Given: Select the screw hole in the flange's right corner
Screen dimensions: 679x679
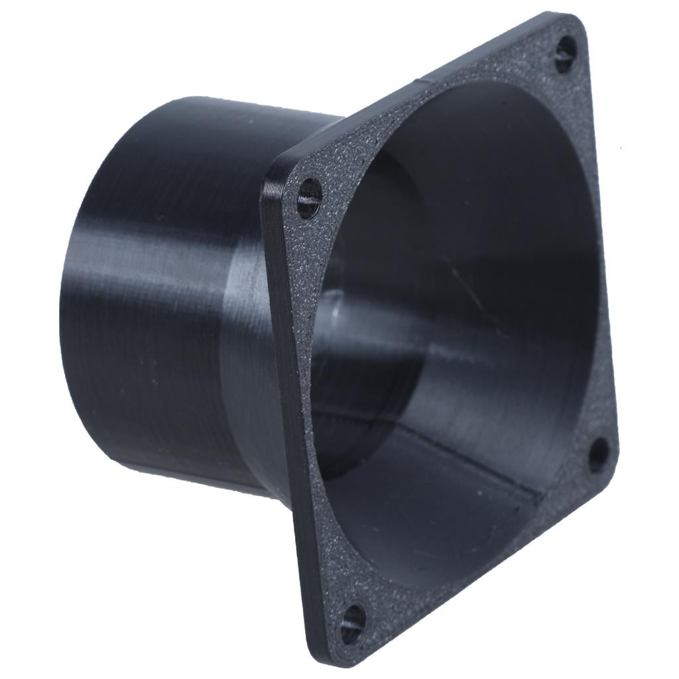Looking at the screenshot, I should (598, 455).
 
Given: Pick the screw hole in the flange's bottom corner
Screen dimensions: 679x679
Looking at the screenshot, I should (352, 622).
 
